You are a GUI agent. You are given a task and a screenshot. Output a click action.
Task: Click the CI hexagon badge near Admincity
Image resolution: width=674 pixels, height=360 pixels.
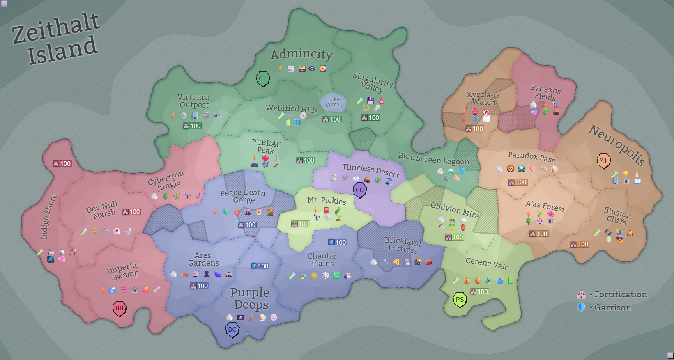(263, 78)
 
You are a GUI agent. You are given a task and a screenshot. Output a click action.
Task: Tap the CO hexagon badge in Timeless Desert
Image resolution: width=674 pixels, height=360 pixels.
(360, 190)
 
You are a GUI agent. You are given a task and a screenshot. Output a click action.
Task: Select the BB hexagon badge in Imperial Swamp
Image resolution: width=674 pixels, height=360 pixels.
(119, 308)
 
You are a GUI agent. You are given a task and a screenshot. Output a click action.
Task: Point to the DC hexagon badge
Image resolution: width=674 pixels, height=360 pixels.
(232, 329)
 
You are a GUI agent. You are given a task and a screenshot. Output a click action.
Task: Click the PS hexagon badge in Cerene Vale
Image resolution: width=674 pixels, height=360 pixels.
(460, 300)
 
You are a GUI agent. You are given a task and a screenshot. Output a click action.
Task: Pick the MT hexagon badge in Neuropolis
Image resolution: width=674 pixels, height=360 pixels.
(603, 161)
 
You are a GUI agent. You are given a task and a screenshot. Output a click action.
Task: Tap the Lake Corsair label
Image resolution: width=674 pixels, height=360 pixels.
(334, 102)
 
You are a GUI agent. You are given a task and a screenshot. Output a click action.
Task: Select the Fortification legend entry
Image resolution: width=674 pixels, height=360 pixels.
(612, 294)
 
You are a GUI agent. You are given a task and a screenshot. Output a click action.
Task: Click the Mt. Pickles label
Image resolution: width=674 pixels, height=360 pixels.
(327, 200)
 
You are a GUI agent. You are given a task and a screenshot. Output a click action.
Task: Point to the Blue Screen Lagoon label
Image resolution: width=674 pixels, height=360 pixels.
(433, 158)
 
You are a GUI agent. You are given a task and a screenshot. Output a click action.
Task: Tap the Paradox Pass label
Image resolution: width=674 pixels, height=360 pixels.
(531, 156)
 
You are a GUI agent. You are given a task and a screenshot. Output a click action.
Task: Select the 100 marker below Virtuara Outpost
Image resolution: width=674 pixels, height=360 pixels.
(192, 126)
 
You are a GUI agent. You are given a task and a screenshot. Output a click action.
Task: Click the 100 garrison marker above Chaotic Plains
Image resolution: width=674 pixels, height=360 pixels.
(337, 243)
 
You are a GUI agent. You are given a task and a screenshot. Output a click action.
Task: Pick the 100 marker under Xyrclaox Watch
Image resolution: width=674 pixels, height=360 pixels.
(474, 129)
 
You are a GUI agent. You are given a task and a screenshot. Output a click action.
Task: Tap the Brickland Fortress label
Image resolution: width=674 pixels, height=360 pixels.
(403, 245)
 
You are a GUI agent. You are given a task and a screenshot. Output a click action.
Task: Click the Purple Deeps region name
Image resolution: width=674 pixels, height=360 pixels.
(250, 298)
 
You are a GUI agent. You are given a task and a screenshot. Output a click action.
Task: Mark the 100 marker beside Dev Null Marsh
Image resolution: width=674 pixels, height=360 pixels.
(131, 212)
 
